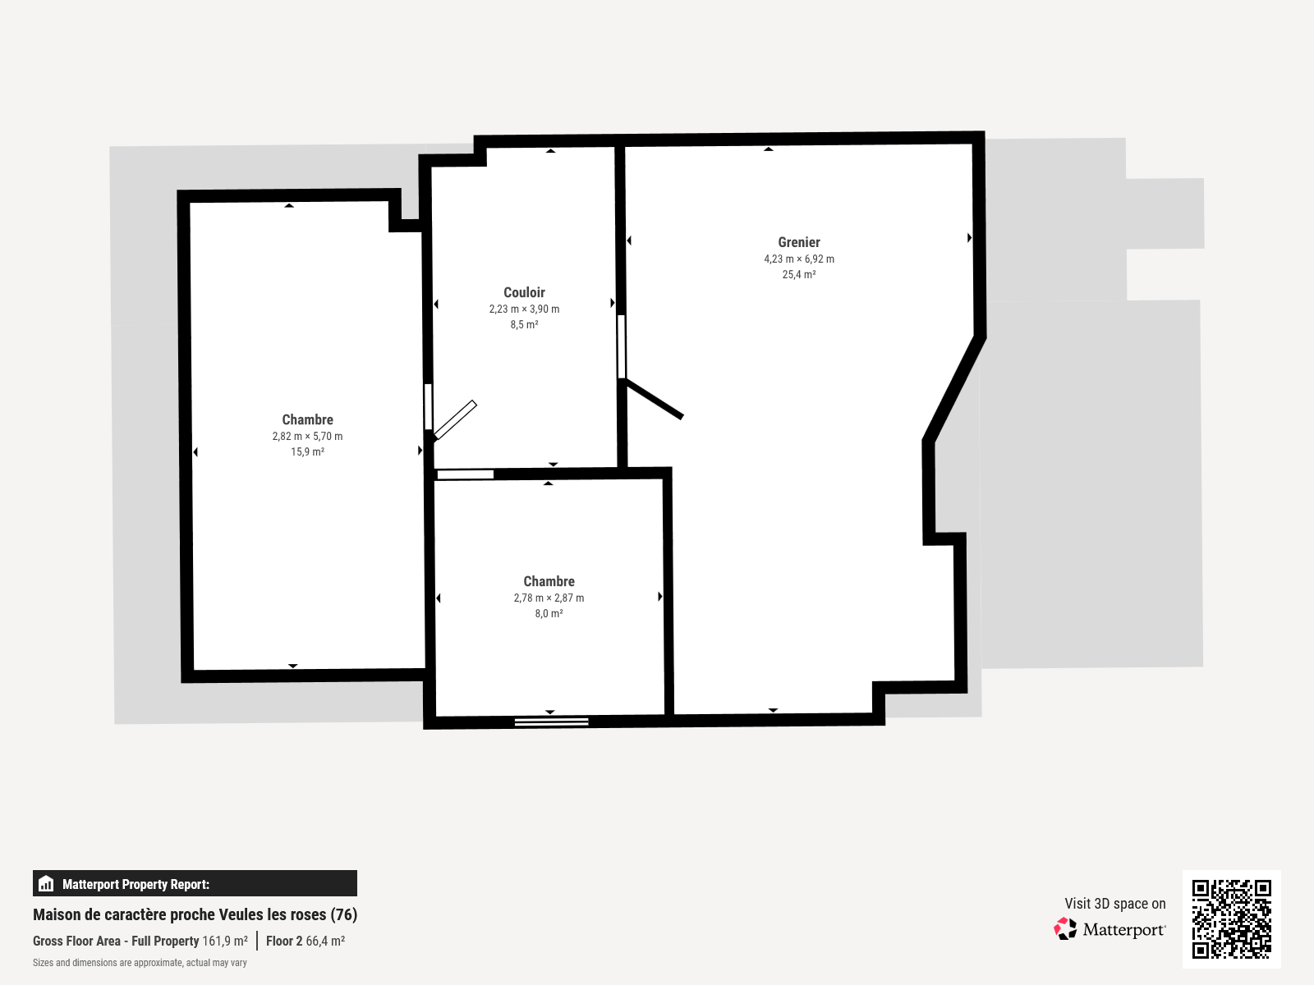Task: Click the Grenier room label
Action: [798, 242]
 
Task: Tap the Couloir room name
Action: [524, 292]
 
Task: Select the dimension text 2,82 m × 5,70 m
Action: [307, 437]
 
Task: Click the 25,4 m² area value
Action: [798, 275]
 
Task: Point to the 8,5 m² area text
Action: [524, 325]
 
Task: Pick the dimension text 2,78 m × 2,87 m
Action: [549, 598]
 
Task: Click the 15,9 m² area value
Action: [307, 452]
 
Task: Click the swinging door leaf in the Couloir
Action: [455, 419]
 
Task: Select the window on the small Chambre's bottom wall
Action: [551, 722]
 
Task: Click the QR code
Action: [1231, 919]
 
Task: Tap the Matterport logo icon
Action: [1065, 929]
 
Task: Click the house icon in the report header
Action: [46, 884]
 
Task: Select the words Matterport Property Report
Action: [136, 884]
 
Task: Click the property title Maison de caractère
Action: [195, 914]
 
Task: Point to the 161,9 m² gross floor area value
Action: [225, 941]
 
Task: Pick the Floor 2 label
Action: [284, 941]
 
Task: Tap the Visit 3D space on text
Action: [1114, 904]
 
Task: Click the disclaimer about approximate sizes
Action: [140, 963]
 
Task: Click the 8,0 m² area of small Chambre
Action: [549, 614]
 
